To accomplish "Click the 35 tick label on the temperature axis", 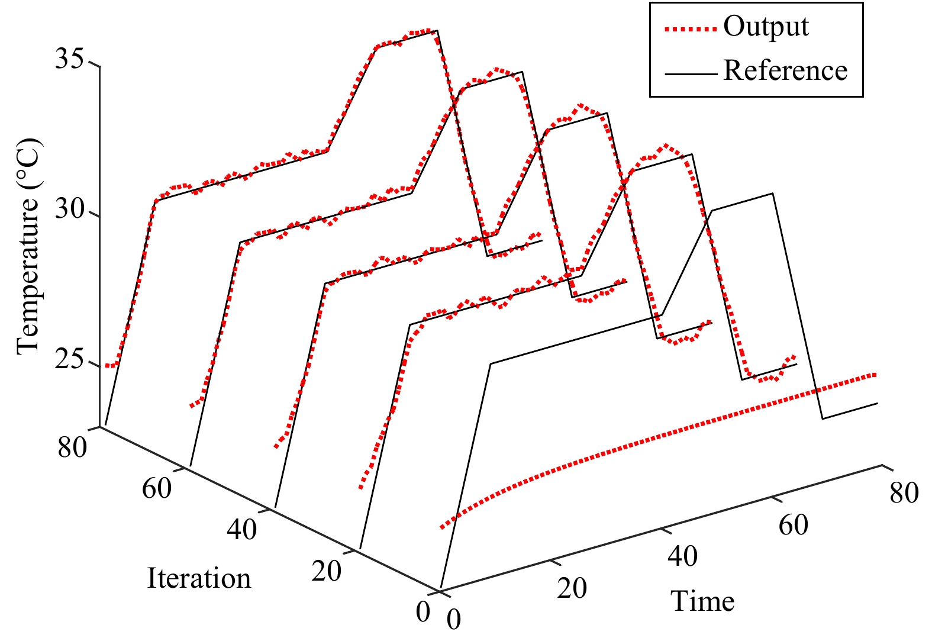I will point(71,60).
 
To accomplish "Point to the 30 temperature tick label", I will point(71,210).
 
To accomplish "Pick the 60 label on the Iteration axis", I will point(157,488).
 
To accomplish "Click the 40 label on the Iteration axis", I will point(242,529).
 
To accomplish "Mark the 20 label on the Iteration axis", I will point(327,571).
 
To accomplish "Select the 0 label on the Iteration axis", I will point(423,612).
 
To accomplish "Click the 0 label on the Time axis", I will point(454,619).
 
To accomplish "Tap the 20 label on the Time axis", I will point(572,588).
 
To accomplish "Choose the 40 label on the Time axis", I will point(683,556).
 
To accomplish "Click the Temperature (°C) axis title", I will point(28,247).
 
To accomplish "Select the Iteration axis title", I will point(199,578).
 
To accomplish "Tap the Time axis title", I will point(702,601).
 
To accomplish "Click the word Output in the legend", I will point(766,27).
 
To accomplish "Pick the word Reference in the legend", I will point(785,70).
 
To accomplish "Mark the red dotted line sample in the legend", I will point(691,28).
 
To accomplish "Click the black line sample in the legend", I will point(691,73).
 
